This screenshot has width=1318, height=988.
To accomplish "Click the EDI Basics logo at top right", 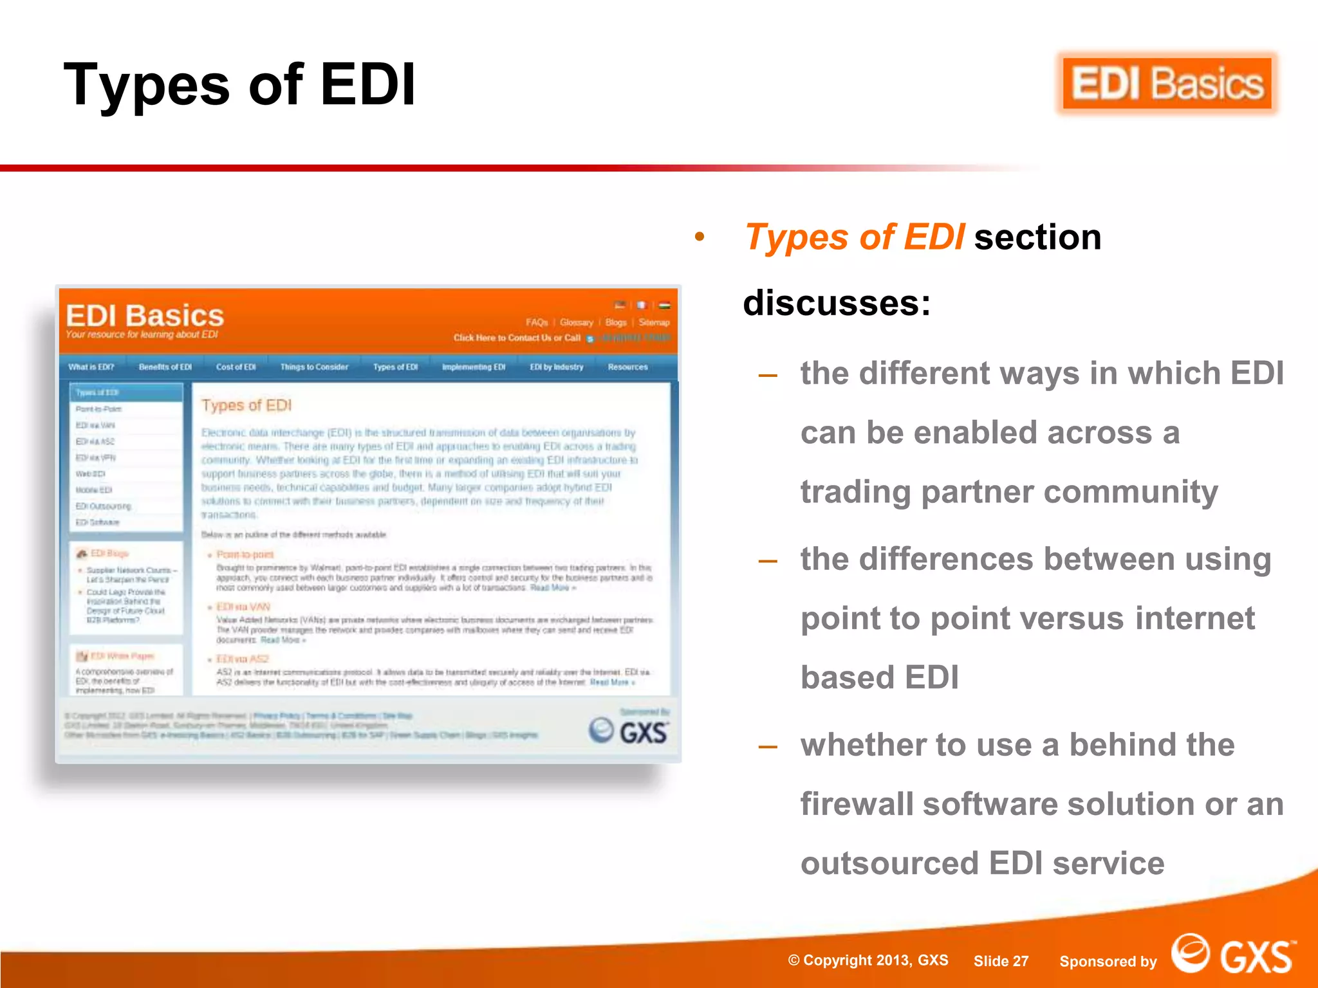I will pos(1167,84).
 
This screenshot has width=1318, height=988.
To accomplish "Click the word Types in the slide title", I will pos(147,85).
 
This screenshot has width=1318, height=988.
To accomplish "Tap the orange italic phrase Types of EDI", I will pos(855,237).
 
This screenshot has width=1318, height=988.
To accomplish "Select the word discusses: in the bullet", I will pos(837,303).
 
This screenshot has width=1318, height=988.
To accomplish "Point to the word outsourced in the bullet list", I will pos(889,863).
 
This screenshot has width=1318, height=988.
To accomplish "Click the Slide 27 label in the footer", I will pos(1001,961).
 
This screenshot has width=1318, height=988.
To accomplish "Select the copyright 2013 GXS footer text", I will pos(868,960).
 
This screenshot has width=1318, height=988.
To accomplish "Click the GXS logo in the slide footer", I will pos(1232,955).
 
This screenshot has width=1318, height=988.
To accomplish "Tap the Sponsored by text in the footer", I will pos(1108,962).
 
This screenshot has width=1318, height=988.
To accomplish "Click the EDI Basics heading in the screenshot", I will pos(145,316).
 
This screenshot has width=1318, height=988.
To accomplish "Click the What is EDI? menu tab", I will pos(91,367).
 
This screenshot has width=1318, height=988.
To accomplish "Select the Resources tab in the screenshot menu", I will pos(627,367).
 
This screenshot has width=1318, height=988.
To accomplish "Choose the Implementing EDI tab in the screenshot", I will pos(474,367).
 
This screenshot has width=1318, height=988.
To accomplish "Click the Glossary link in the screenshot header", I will pos(576,322).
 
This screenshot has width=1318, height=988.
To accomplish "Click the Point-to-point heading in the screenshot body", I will pos(245,554).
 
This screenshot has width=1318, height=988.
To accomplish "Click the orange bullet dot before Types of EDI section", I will pos(700,237).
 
